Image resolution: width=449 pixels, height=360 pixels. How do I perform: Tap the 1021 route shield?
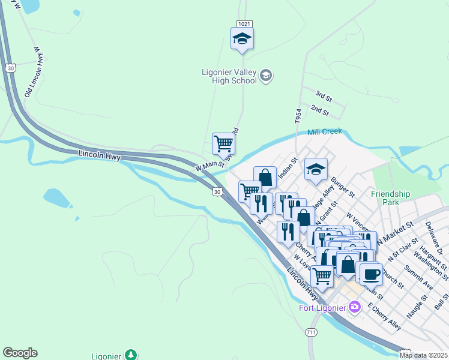pyautogui.click(x=243, y=23)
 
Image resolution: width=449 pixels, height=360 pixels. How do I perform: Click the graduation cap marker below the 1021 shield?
pyautogui.click(x=242, y=39)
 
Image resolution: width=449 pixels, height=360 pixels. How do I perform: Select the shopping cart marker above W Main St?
pyautogui.click(x=223, y=144)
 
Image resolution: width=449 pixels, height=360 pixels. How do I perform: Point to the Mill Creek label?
pyautogui.click(x=325, y=131)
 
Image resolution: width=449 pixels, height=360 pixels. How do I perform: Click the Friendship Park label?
pyautogui.click(x=390, y=198)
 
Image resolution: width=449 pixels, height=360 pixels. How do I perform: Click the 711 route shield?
pyautogui.click(x=310, y=332)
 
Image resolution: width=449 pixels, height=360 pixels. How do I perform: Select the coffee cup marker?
pyautogui.click(x=370, y=274)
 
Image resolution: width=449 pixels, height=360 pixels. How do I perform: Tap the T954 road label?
pyautogui.click(x=298, y=116)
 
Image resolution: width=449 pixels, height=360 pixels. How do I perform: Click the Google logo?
pyautogui.click(x=20, y=353)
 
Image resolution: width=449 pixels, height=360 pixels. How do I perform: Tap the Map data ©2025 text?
pyautogui.click(x=423, y=355)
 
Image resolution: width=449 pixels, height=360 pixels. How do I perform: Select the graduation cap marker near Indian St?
pyautogui.click(x=316, y=169)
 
